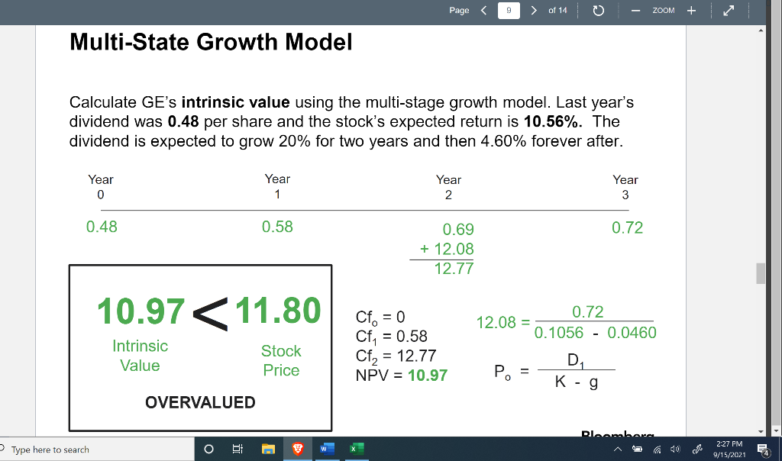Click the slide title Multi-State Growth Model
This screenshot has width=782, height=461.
click(x=211, y=43)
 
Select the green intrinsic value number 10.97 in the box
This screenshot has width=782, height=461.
click(x=141, y=311)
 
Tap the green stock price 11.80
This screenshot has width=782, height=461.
click(x=278, y=311)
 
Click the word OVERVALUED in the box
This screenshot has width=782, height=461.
click(x=200, y=402)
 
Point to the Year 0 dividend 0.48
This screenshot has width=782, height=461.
click(x=102, y=227)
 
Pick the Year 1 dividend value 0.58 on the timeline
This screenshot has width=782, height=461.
click(x=276, y=227)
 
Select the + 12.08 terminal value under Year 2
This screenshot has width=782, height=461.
click(x=447, y=249)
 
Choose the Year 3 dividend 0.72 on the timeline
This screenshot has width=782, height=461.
click(x=627, y=227)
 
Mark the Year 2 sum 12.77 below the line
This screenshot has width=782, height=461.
click(x=454, y=269)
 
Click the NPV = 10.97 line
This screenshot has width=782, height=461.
click(x=401, y=376)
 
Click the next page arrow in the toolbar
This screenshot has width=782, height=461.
click(x=532, y=11)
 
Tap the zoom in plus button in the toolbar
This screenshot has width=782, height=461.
click(x=691, y=11)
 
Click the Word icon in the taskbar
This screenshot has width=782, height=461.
click(x=324, y=450)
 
